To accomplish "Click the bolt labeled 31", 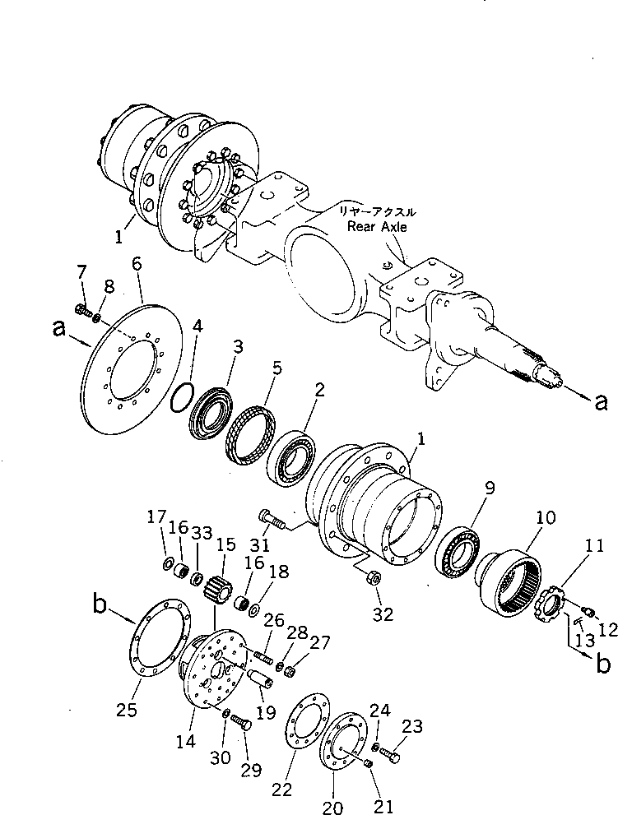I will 272,519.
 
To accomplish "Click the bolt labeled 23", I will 391,750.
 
